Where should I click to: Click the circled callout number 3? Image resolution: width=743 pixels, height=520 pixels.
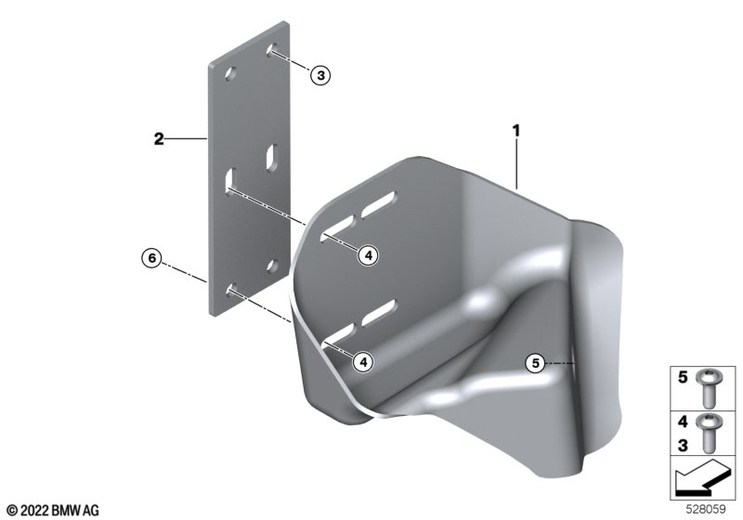(320, 75)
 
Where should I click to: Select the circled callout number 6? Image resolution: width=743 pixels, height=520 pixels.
(152, 258)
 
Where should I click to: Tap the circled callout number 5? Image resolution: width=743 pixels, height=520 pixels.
(536, 363)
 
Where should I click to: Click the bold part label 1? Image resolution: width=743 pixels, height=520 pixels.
(516, 130)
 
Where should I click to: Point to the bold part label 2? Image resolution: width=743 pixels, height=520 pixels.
(159, 139)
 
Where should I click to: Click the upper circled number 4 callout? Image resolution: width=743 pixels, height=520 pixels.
(369, 255)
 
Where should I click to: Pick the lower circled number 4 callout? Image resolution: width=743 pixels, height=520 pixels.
(363, 362)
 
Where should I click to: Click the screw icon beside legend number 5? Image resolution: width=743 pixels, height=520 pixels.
(708, 389)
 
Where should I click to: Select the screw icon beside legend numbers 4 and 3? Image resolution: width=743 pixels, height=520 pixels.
(708, 433)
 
